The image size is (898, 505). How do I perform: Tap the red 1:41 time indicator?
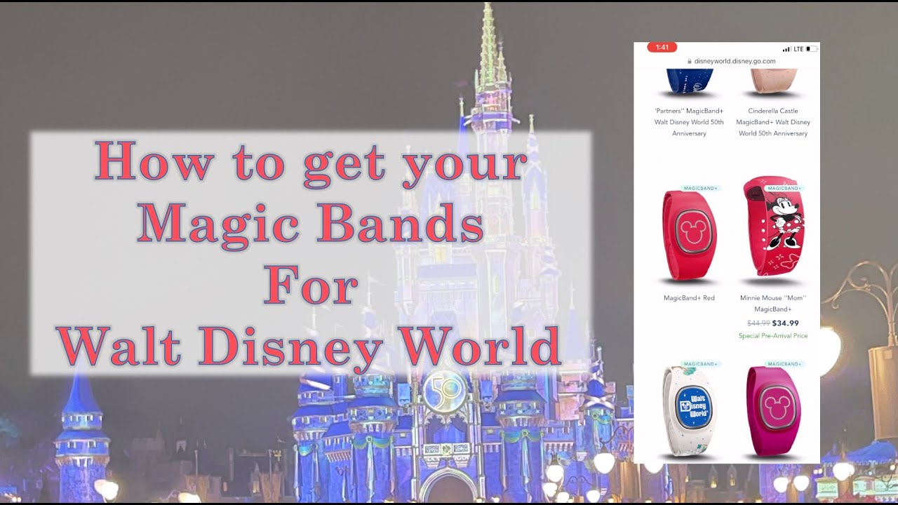(x=662, y=48)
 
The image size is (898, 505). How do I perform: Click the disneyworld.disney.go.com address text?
(x=735, y=61)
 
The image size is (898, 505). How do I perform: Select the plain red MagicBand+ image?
(x=689, y=235)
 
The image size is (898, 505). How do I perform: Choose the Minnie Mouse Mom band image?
(x=772, y=228)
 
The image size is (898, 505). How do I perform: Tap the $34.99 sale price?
(x=785, y=323)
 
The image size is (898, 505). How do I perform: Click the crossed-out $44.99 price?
(x=758, y=323)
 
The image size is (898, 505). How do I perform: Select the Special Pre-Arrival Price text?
(x=772, y=336)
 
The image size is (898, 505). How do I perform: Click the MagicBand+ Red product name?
(x=689, y=298)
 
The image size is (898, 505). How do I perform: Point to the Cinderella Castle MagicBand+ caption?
(x=772, y=122)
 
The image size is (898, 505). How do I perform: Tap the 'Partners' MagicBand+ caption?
(x=689, y=122)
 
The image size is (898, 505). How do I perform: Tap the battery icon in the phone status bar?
(x=811, y=49)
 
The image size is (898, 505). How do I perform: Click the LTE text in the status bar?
(x=798, y=49)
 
